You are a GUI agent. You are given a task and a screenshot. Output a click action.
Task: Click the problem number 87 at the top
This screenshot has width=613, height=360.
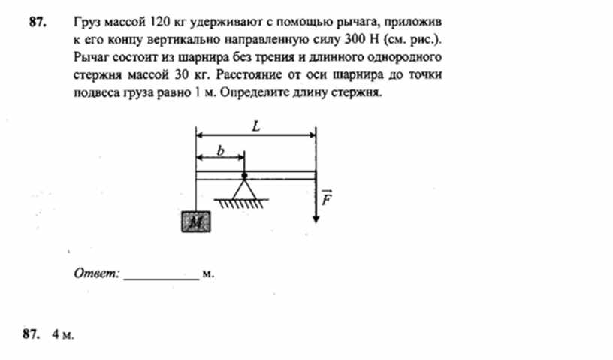tap(38, 22)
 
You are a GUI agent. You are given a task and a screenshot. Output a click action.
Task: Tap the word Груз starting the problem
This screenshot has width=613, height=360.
tap(87, 23)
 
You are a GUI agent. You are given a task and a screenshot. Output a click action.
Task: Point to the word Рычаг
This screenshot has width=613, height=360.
tap(91, 58)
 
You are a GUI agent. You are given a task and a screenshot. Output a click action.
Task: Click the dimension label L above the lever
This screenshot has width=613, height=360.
tap(256, 126)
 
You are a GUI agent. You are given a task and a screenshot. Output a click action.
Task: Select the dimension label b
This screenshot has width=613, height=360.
tap(221, 150)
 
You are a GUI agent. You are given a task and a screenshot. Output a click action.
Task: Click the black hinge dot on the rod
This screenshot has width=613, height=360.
tap(244, 175)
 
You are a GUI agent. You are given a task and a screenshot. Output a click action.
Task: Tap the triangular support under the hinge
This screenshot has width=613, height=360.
tap(244, 189)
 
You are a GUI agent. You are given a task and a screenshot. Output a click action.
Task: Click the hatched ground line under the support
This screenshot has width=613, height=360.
tap(241, 203)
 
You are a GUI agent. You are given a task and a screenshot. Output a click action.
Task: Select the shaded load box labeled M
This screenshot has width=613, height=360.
tap(196, 222)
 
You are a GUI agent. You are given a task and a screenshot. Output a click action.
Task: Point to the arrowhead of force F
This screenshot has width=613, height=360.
tap(316, 219)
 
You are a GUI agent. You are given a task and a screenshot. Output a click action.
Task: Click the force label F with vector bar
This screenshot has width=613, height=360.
tap(327, 198)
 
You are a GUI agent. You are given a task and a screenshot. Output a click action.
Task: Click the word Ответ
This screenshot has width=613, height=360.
tap(97, 273)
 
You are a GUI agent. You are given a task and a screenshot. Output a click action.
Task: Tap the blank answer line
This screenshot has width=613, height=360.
tap(162, 280)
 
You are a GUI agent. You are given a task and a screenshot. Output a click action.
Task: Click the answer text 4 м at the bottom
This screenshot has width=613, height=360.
tap(62, 334)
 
